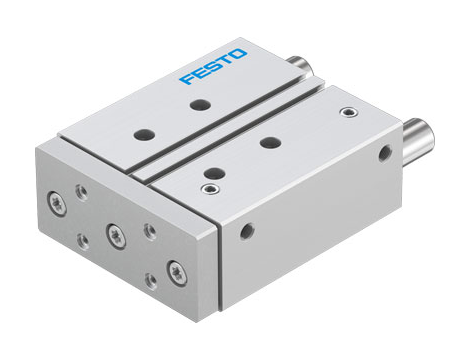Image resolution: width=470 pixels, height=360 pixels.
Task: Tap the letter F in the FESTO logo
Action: pyautogui.click(x=184, y=78)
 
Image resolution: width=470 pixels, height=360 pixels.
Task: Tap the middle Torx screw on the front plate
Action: pyautogui.click(x=113, y=235)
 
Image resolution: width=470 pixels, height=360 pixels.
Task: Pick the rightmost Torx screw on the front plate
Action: pyautogui.click(x=179, y=269)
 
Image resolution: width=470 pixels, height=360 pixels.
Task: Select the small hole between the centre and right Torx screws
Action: pyautogui.click(x=150, y=231)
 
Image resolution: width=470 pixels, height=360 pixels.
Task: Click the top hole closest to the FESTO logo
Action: pyautogui.click(x=204, y=104)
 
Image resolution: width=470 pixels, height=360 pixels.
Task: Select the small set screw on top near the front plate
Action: pyautogui.click(x=210, y=187)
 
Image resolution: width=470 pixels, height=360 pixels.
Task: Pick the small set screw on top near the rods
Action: pyautogui.click(x=347, y=111)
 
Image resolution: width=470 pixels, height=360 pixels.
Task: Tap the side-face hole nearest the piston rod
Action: pyautogui.click(x=386, y=154)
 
